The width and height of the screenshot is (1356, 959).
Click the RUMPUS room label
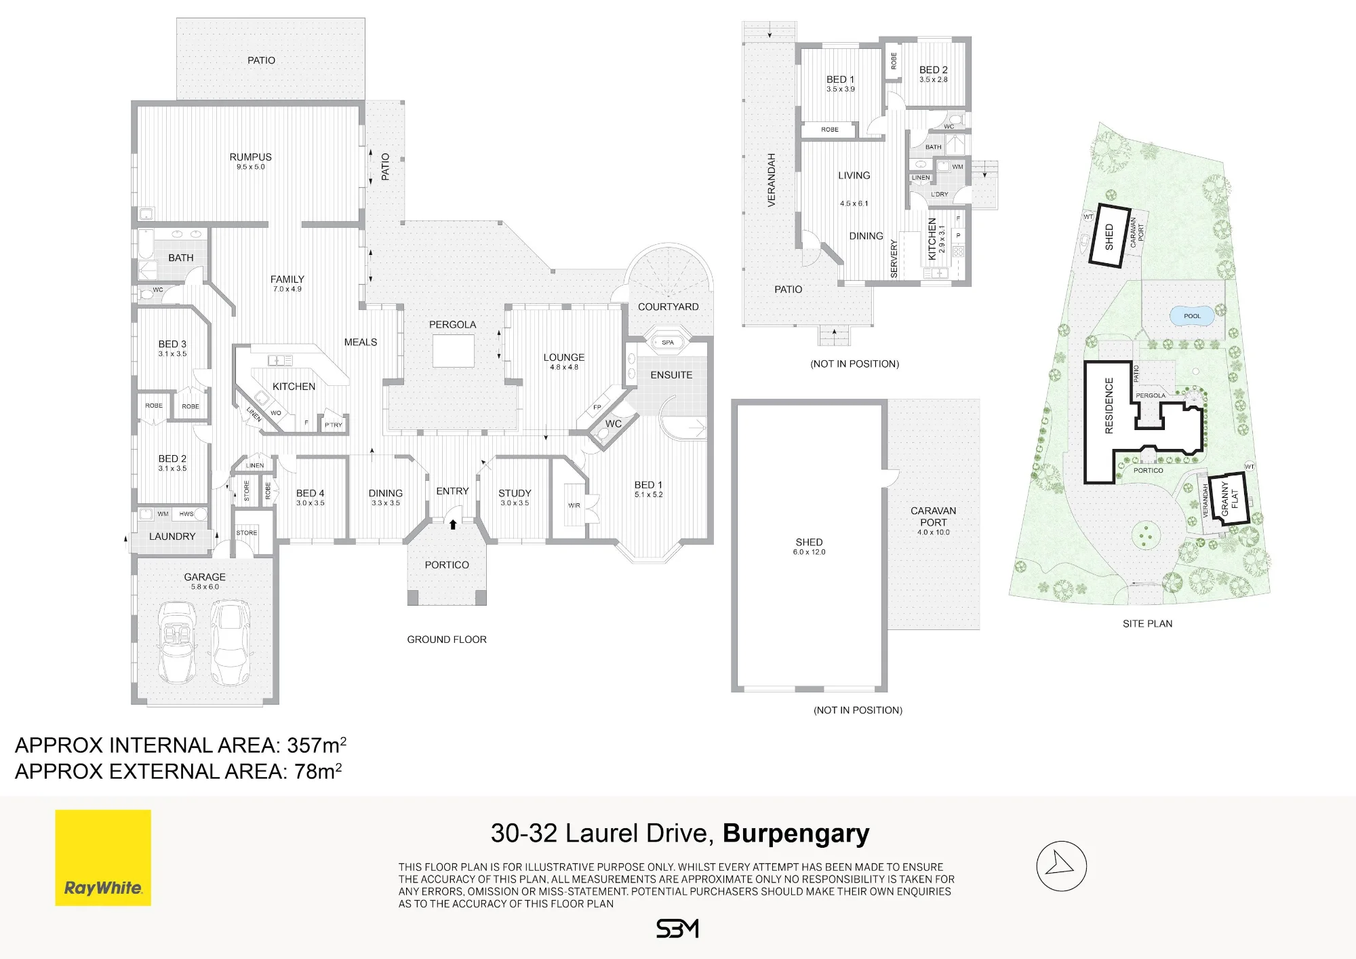tap(251, 157)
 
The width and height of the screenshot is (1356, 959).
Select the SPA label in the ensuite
tap(668, 342)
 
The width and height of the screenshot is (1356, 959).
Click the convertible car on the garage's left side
tap(177, 642)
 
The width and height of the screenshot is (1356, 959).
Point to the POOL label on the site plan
tap(1192, 316)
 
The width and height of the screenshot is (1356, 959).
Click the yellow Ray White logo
tap(103, 857)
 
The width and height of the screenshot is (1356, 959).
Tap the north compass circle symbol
tap(1061, 866)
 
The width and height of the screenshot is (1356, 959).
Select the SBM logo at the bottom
tap(677, 928)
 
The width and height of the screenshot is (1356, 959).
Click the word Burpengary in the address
tap(796, 834)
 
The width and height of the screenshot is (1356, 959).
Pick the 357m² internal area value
tap(317, 745)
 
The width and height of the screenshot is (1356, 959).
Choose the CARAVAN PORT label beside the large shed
tap(934, 517)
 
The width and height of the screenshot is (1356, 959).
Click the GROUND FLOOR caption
tap(447, 640)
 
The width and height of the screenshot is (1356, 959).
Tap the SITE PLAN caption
tap(1147, 624)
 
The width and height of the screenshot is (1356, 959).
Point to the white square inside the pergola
tap(454, 351)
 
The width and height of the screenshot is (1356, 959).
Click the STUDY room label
tap(515, 493)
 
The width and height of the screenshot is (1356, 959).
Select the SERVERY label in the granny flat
tap(894, 258)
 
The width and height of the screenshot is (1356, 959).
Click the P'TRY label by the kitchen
tap(334, 425)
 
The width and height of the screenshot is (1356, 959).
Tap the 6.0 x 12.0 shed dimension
tap(810, 552)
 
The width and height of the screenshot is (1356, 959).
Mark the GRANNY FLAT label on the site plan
tap(1229, 499)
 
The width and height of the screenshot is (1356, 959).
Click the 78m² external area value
tap(318, 771)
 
